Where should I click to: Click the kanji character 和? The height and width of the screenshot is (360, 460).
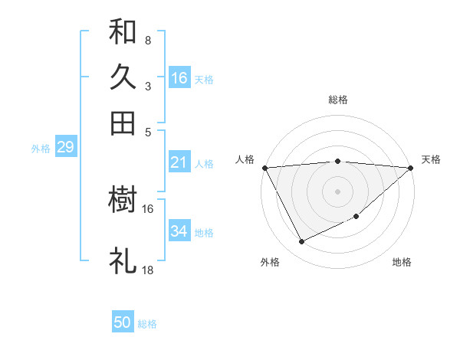pyautogui.click(x=123, y=32)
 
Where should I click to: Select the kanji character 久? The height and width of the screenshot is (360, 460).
pyautogui.click(x=123, y=77)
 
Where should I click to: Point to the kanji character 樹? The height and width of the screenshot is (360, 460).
pyautogui.click(x=123, y=201)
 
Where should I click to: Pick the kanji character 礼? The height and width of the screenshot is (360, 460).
pyautogui.click(x=123, y=261)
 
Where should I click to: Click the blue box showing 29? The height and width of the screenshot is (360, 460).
pyautogui.click(x=65, y=147)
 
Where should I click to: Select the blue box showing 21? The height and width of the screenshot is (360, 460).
pyautogui.click(x=179, y=162)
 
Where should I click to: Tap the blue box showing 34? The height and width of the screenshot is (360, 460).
pyautogui.click(x=179, y=231)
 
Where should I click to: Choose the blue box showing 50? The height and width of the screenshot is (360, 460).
pyautogui.click(x=123, y=322)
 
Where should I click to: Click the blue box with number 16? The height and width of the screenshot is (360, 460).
pyautogui.click(x=179, y=77)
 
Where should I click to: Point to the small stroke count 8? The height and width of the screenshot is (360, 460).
pyautogui.click(x=147, y=40)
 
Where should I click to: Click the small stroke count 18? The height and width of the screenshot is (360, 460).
pyautogui.click(x=148, y=270)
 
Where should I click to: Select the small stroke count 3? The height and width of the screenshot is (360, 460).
pyautogui.click(x=147, y=86)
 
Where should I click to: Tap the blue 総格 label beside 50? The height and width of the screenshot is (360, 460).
pyautogui.click(x=147, y=324)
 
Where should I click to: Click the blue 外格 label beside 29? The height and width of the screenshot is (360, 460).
pyautogui.click(x=40, y=149)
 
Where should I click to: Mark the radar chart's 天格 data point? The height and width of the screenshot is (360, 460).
pyautogui.click(x=411, y=168)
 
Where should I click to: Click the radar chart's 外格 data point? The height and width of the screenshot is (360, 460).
pyautogui.click(x=301, y=242)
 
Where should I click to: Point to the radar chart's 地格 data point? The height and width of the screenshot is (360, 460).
pyautogui.click(x=357, y=217)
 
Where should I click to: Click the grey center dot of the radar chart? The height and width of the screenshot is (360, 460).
pyautogui.click(x=337, y=191)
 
